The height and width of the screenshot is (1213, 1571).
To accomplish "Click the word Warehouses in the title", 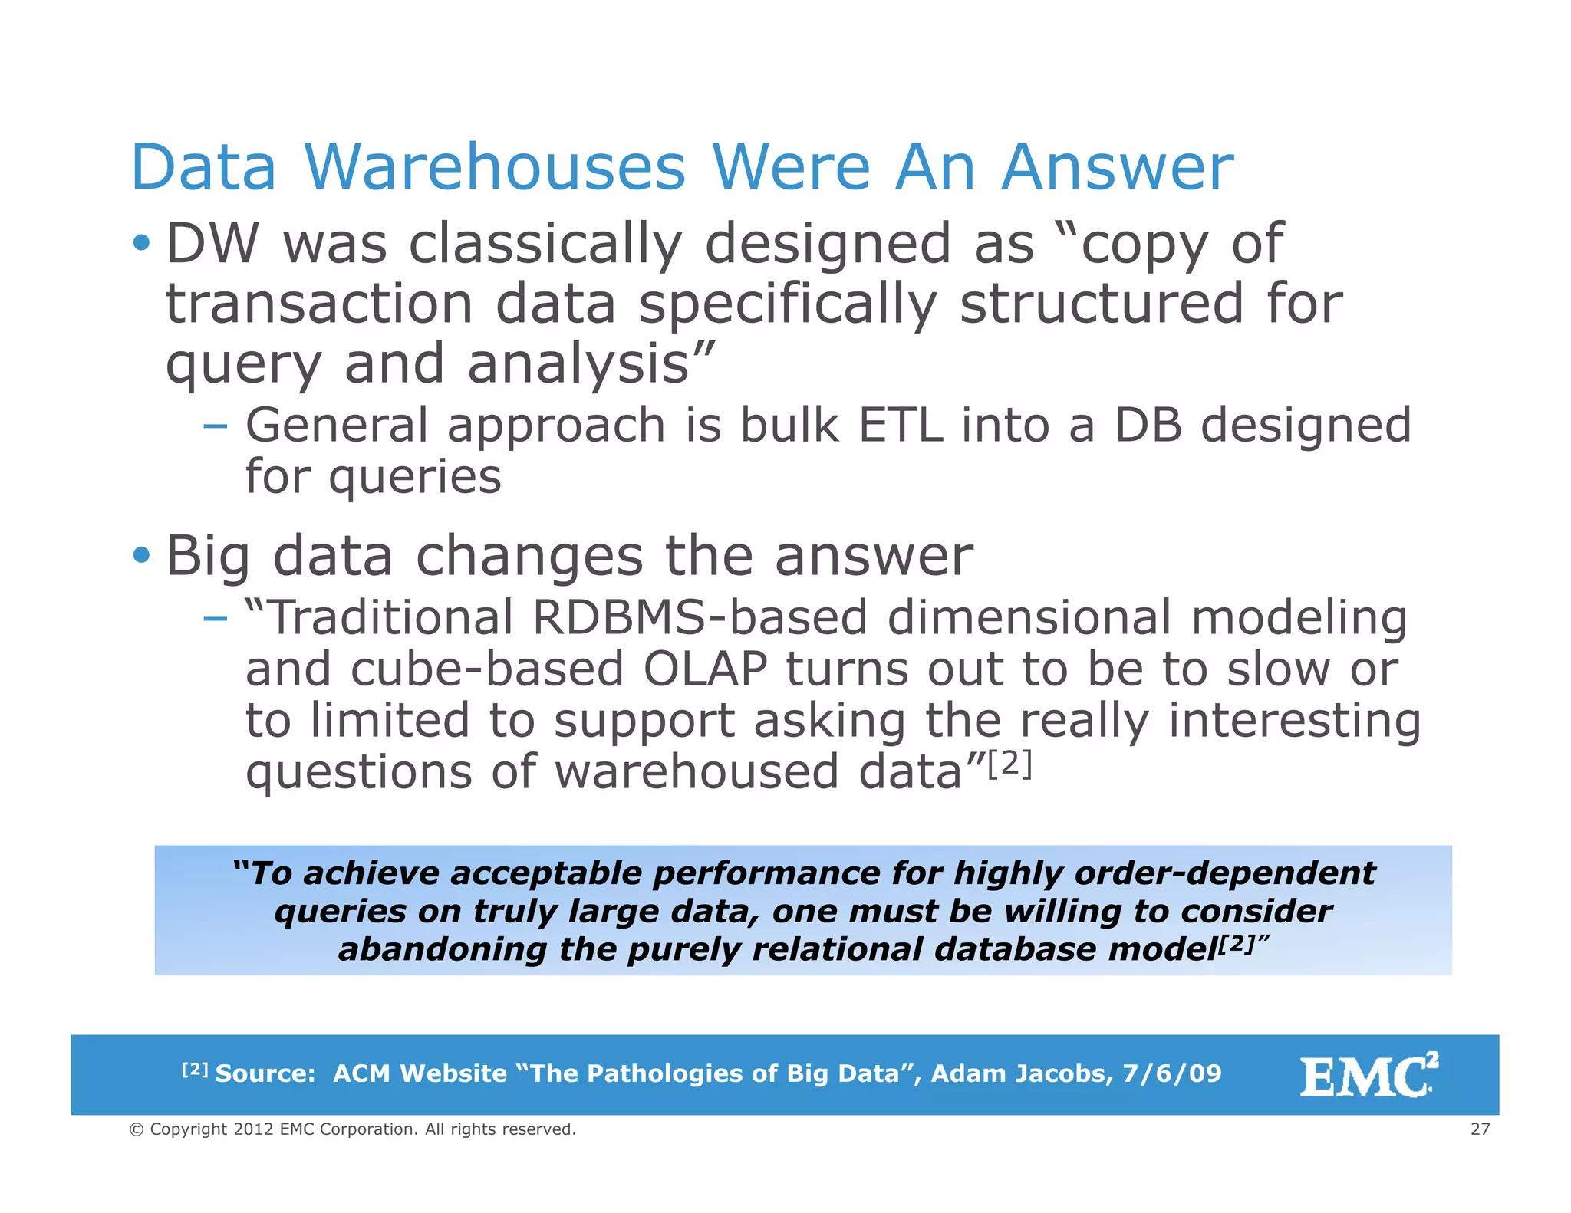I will tap(495, 167).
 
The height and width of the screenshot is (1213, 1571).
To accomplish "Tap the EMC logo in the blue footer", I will tap(1368, 1075).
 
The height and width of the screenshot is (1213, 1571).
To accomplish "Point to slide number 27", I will tap(1480, 1129).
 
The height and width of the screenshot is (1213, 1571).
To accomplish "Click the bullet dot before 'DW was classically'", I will tap(141, 244).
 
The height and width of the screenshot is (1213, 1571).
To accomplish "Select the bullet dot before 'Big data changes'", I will tap(141, 554).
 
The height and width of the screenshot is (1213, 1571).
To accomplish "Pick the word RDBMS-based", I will tap(699, 617).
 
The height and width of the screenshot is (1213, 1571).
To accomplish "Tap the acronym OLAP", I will tap(705, 669).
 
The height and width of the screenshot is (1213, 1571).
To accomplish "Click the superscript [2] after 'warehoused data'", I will tap(1009, 764).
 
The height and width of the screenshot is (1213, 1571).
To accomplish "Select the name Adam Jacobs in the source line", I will tap(1021, 1073).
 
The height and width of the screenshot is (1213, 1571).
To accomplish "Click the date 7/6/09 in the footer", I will tap(1171, 1073).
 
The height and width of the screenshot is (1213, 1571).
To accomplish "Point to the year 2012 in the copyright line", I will tap(253, 1129).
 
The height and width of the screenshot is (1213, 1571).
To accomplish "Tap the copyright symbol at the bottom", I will tap(137, 1129).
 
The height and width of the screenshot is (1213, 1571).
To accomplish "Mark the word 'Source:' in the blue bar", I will tap(265, 1073).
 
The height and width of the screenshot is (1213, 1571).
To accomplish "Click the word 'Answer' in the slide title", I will tap(1118, 167).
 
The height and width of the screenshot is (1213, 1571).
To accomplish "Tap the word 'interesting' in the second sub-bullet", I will tap(1294, 721).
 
